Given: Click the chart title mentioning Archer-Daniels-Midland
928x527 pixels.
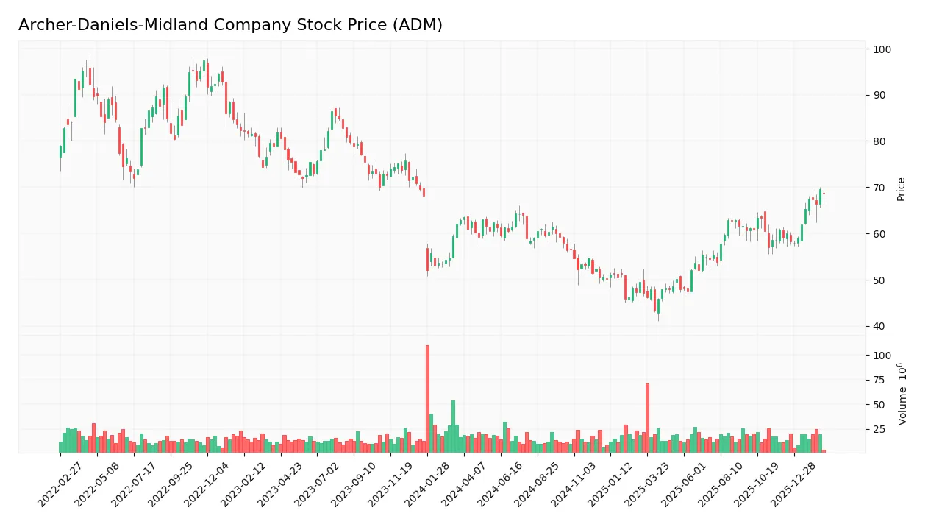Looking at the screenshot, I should pyautogui.click(x=230, y=25).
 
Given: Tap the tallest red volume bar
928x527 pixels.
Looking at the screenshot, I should pyautogui.click(x=427, y=398).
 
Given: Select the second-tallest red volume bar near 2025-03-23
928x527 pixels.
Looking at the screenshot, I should pyautogui.click(x=647, y=417).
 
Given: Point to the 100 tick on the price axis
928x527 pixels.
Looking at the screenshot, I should pyautogui.click(x=882, y=49).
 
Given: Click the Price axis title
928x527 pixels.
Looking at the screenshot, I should pyautogui.click(x=901, y=188).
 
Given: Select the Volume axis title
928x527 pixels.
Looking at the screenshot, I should pyautogui.click(x=902, y=394).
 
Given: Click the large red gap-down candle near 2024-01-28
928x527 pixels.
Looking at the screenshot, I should pyautogui.click(x=427, y=259).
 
